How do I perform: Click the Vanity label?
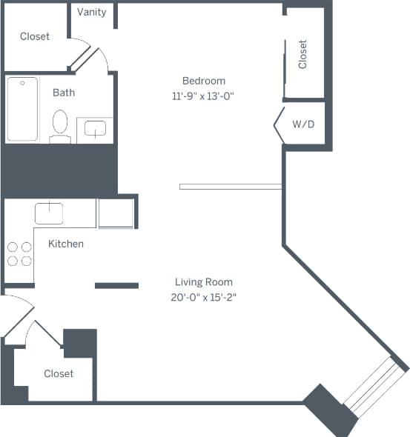tap(92, 12)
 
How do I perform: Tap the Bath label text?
tap(64, 93)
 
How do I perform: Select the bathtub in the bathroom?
tap(22, 110)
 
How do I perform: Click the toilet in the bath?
tap(60, 123)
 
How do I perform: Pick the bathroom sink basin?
tap(95, 130)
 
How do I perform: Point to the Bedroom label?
tap(204, 80)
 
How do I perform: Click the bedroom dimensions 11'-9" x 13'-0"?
tap(204, 95)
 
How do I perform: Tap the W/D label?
tap(303, 124)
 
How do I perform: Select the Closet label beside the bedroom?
tap(302, 54)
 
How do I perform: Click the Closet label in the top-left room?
tap(35, 36)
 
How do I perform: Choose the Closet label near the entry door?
tap(59, 373)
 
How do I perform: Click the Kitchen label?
tap(66, 244)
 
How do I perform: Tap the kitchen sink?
tap(49, 213)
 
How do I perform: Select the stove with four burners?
tap(19, 254)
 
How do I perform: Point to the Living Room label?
tap(204, 281)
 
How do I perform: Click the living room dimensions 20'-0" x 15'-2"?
tap(204, 297)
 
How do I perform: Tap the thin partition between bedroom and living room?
tap(230, 187)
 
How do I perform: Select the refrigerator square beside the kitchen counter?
tap(116, 213)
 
